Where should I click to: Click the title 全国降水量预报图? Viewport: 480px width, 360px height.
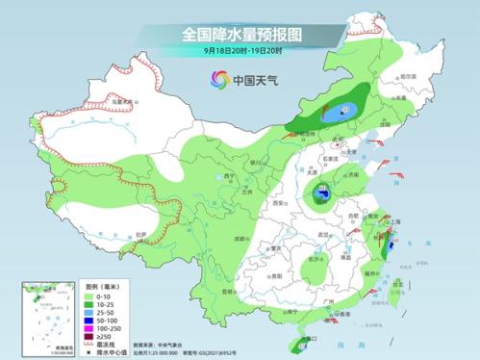click(240, 34)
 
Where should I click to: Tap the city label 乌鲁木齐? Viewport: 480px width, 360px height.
click(119, 99)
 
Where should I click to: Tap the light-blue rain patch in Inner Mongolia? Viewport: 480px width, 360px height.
click(338, 114)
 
